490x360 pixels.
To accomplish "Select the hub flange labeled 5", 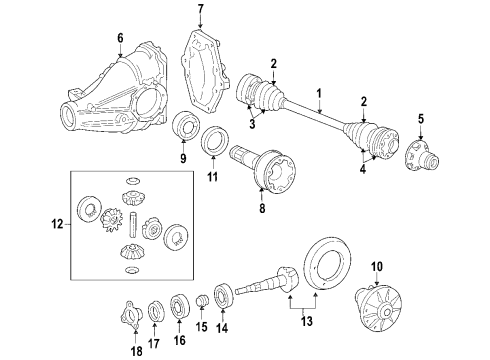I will pos(420,158).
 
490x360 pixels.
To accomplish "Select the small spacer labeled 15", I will pos(201,300).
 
